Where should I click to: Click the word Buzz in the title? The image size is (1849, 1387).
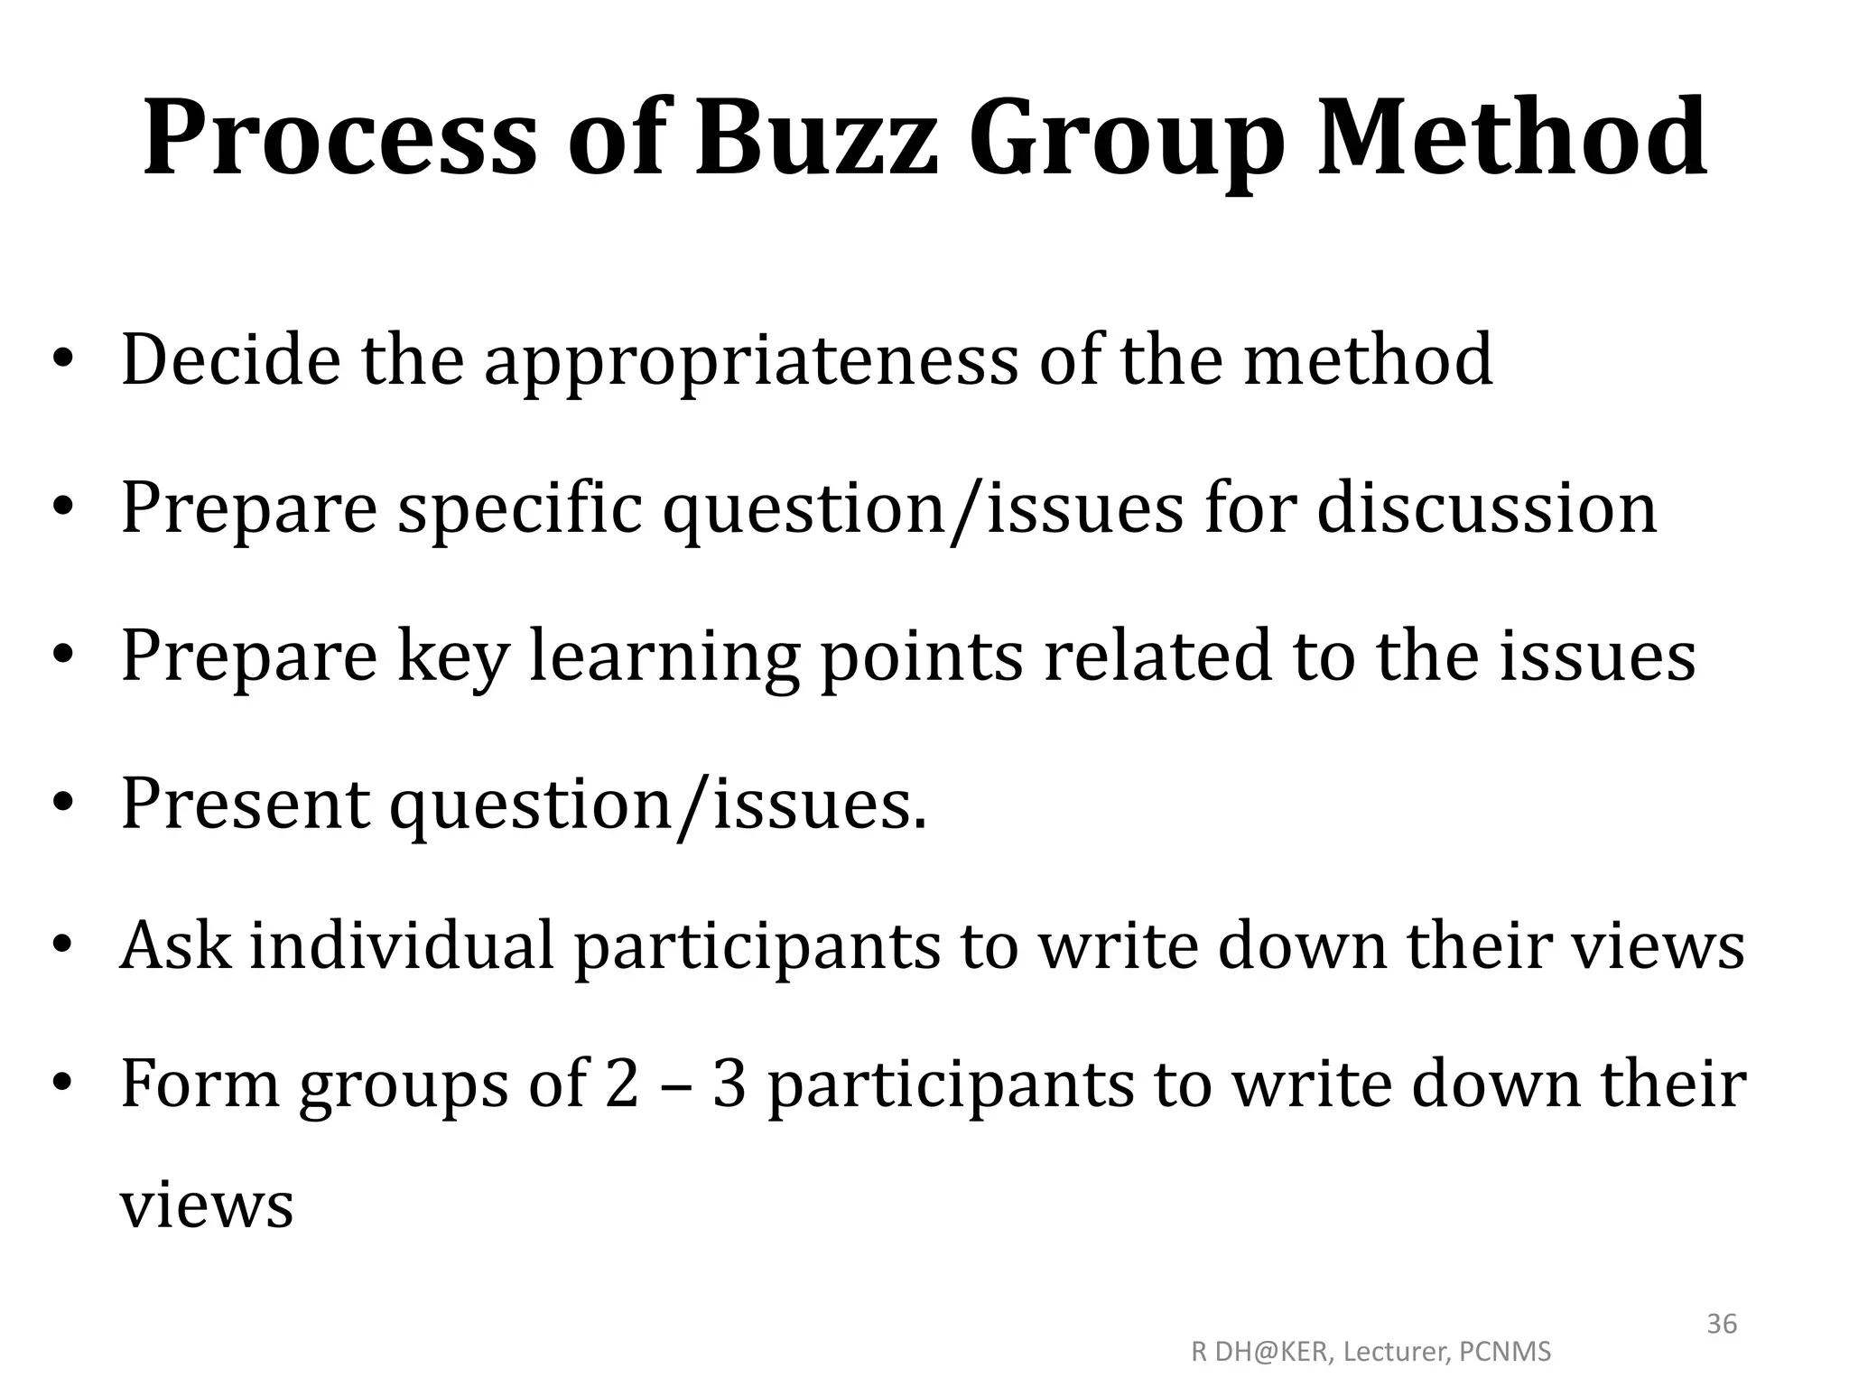click(x=817, y=138)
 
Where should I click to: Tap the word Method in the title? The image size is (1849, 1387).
click(x=1511, y=138)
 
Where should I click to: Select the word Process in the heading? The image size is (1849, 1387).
click(x=339, y=138)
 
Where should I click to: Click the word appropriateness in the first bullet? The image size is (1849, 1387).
click(x=751, y=361)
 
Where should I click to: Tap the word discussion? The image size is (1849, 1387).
click(x=1487, y=508)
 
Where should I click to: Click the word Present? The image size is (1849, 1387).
click(x=245, y=803)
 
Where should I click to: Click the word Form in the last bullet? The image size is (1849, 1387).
click(x=200, y=1084)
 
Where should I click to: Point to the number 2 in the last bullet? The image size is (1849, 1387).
click(x=621, y=1084)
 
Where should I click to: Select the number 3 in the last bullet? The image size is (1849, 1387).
click(x=729, y=1084)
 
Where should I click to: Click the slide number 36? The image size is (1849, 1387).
click(x=1722, y=1324)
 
